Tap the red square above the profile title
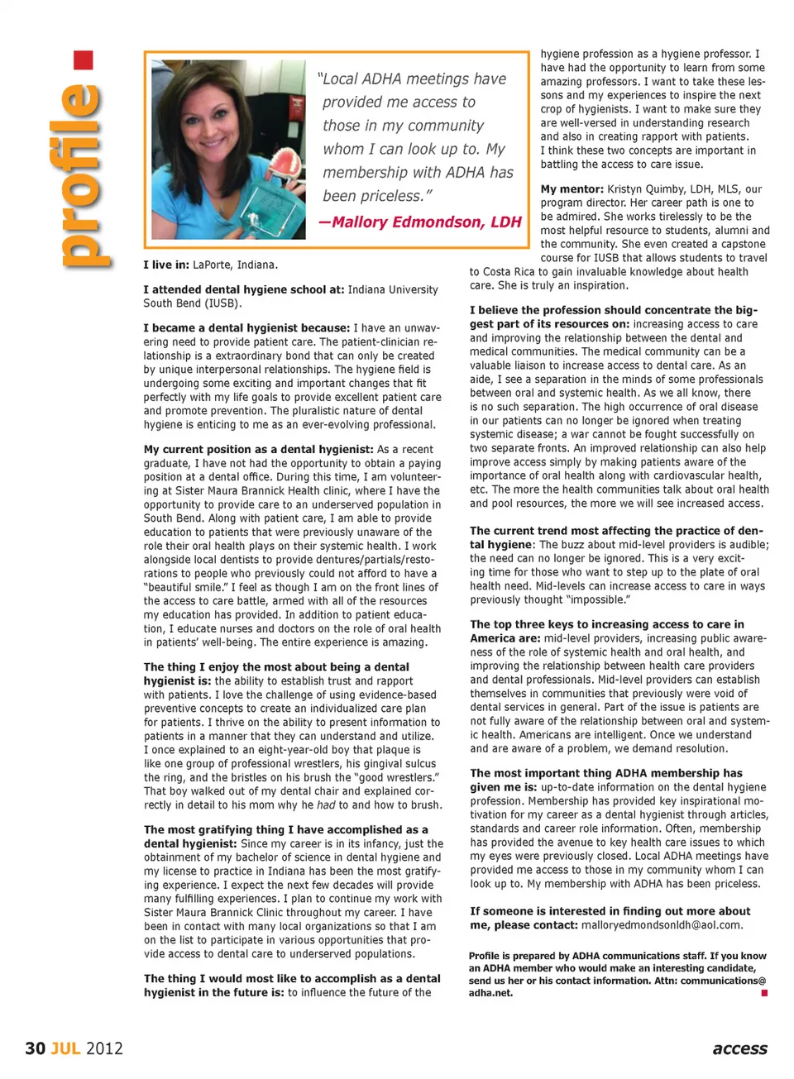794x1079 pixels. click(x=83, y=60)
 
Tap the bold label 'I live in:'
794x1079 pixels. click(x=166, y=265)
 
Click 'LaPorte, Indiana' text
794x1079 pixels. click(x=235, y=265)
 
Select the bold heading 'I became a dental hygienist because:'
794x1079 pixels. click(x=246, y=328)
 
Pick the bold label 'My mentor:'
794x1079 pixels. click(x=572, y=189)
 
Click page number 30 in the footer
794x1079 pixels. click(x=35, y=1048)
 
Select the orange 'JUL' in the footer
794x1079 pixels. click(x=66, y=1048)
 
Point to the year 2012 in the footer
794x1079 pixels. click(x=104, y=1048)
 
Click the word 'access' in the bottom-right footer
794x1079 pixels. click(x=739, y=1048)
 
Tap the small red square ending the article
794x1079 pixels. click(x=764, y=993)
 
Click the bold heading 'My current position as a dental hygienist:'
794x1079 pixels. click(x=258, y=450)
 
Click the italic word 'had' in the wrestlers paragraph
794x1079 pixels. click(x=327, y=804)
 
